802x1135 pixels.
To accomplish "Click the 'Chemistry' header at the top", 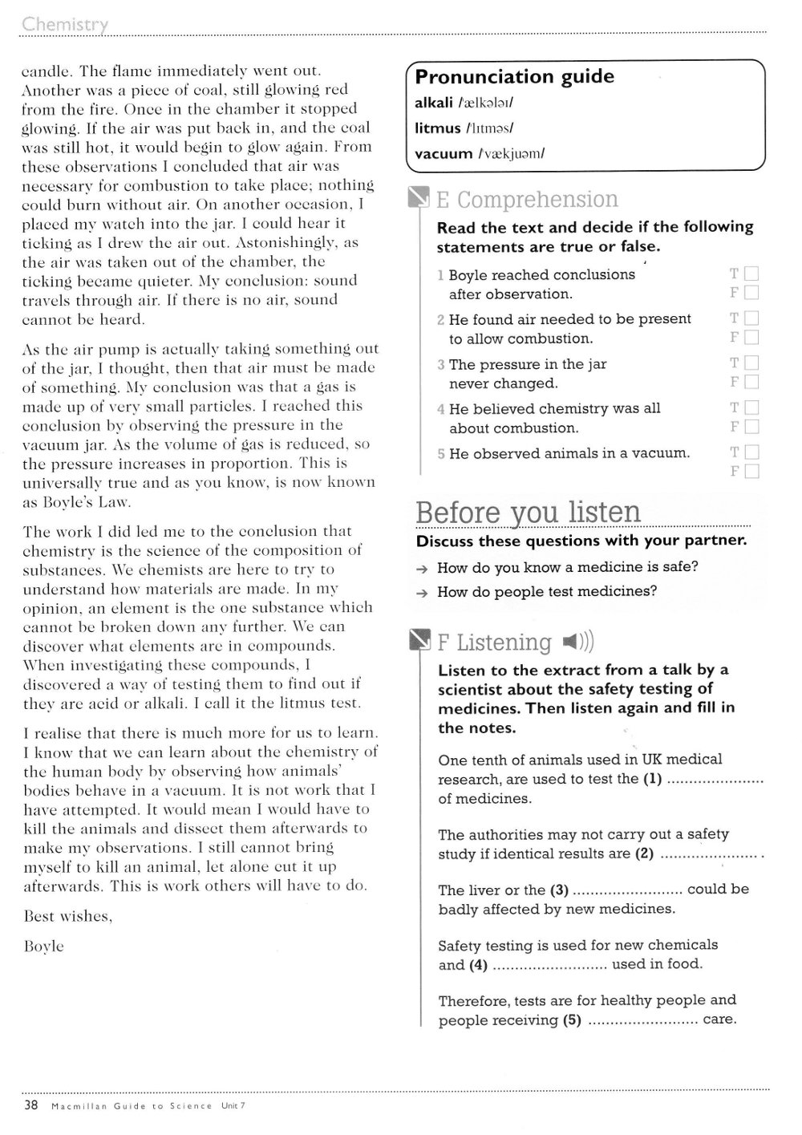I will point(65,24).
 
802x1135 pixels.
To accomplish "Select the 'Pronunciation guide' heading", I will point(514,77).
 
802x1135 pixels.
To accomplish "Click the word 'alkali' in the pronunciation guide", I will point(434,103).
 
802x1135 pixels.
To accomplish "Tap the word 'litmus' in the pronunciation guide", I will point(438,128).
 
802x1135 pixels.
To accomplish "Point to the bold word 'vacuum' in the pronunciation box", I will point(444,153).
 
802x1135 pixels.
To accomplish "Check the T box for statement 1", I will point(751,274).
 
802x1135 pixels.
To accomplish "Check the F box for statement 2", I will point(751,338).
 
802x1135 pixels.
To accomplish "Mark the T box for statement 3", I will point(751,363).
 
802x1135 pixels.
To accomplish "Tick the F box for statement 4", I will point(751,427).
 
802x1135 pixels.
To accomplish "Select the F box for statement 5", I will point(751,472).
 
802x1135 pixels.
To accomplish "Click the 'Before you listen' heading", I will point(529,512).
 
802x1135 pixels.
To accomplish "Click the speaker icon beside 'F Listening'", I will point(578,642).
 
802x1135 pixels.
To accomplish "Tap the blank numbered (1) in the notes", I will point(715,780).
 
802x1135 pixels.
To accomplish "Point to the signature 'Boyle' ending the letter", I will point(43,947).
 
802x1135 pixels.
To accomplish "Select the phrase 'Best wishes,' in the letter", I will point(67,916).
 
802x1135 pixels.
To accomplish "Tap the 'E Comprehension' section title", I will point(526,199).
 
